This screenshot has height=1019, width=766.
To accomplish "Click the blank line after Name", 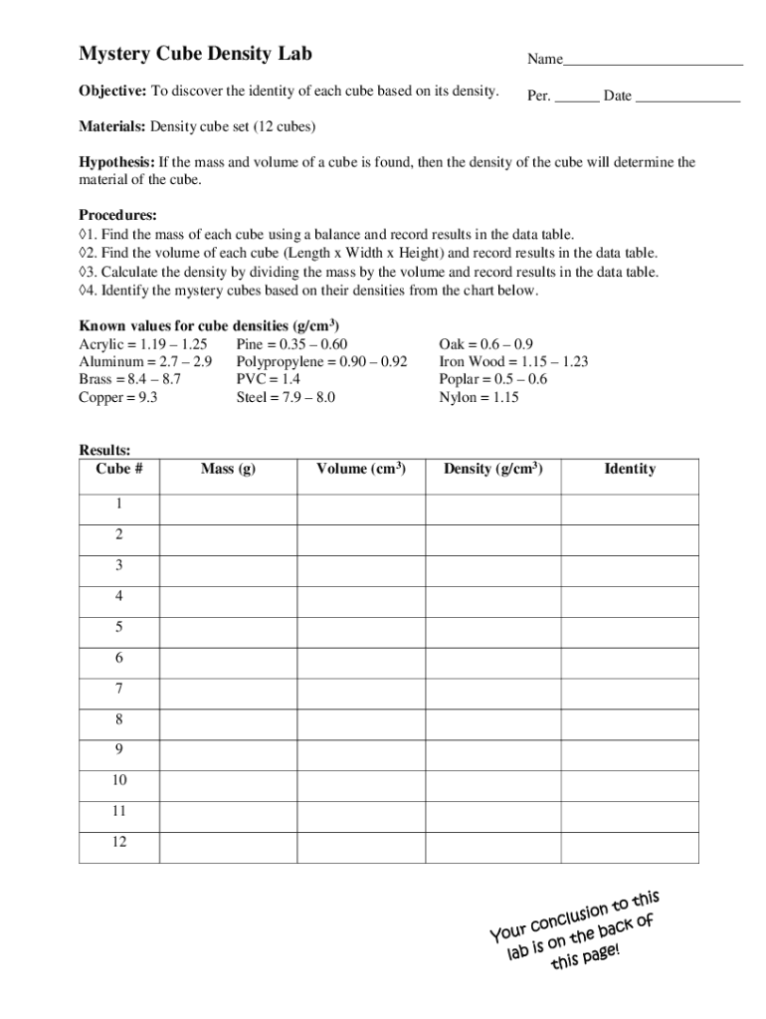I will pyautogui.click(x=653, y=62).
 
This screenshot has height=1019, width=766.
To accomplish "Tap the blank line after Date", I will pyautogui.click(x=687, y=98).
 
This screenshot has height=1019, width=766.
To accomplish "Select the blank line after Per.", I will pyautogui.click(x=577, y=98).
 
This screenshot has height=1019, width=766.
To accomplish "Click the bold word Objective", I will pyautogui.click(x=112, y=92).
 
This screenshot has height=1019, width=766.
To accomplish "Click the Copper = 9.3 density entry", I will pyautogui.click(x=118, y=397).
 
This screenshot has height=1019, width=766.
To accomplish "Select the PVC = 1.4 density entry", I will pyautogui.click(x=269, y=379).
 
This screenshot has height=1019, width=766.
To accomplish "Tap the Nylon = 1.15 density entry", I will pyautogui.click(x=479, y=397).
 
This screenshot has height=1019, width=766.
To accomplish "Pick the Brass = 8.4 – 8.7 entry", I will pyautogui.click(x=130, y=379).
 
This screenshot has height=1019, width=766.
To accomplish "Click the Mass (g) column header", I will pyautogui.click(x=228, y=469).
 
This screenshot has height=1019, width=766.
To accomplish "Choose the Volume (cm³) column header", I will pyautogui.click(x=361, y=469).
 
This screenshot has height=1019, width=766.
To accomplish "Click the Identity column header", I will pyautogui.click(x=630, y=469).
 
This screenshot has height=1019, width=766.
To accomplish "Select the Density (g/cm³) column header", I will pyautogui.click(x=493, y=469).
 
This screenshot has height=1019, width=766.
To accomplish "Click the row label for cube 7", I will pyautogui.click(x=119, y=689).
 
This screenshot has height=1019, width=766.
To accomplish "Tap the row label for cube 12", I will pyautogui.click(x=119, y=843).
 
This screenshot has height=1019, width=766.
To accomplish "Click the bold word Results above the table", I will pyautogui.click(x=104, y=451).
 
